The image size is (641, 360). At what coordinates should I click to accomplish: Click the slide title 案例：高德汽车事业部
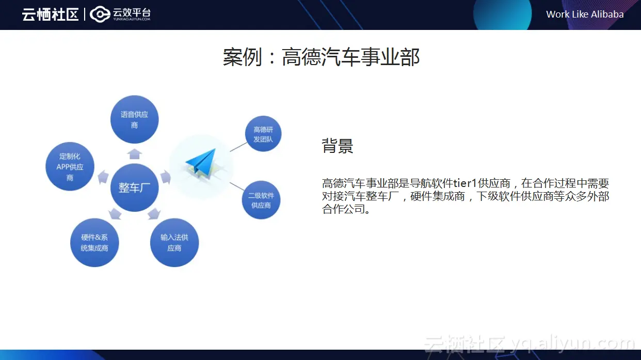click(321, 57)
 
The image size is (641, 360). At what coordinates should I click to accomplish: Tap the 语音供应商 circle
click(135, 119)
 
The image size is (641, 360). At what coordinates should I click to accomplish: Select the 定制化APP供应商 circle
click(70, 167)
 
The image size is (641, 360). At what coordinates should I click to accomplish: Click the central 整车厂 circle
click(135, 187)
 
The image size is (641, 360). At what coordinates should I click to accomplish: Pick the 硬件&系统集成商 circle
click(94, 243)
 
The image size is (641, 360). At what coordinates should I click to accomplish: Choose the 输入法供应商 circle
click(174, 243)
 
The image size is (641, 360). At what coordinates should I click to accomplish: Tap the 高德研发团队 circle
click(263, 134)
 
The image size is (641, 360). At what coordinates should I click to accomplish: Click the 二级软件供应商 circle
click(261, 200)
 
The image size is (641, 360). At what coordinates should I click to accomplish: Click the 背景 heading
click(338, 146)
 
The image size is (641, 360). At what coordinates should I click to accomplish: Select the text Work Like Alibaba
click(585, 14)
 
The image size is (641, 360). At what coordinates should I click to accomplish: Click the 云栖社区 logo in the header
click(50, 14)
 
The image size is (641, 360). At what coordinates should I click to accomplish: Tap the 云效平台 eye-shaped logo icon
click(100, 14)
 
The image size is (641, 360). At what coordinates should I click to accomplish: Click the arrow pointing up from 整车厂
click(135, 154)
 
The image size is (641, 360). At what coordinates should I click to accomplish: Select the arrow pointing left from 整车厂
click(103, 177)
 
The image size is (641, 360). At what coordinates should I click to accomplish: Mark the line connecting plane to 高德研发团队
click(238, 147)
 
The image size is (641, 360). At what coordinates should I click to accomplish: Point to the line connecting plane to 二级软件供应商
click(237, 187)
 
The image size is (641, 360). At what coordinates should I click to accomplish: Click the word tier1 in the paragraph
click(464, 183)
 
